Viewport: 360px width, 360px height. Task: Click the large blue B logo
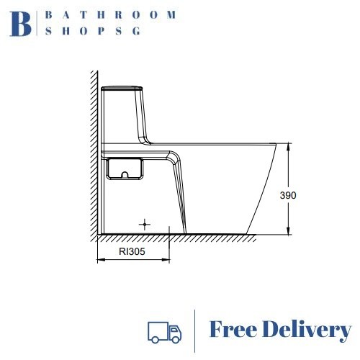pos(20,24)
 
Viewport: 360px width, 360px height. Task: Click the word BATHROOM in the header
pos(111,15)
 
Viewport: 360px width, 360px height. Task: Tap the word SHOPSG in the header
pos(93,31)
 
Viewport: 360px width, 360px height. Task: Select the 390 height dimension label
pos(288,195)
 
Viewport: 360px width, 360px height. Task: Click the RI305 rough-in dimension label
pos(132,251)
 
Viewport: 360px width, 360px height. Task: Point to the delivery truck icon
pos(164,333)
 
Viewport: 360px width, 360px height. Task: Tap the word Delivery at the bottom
pos(307,330)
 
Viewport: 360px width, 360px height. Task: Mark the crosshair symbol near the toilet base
pos(145,225)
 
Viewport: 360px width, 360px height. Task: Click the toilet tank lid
pos(122,89)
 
